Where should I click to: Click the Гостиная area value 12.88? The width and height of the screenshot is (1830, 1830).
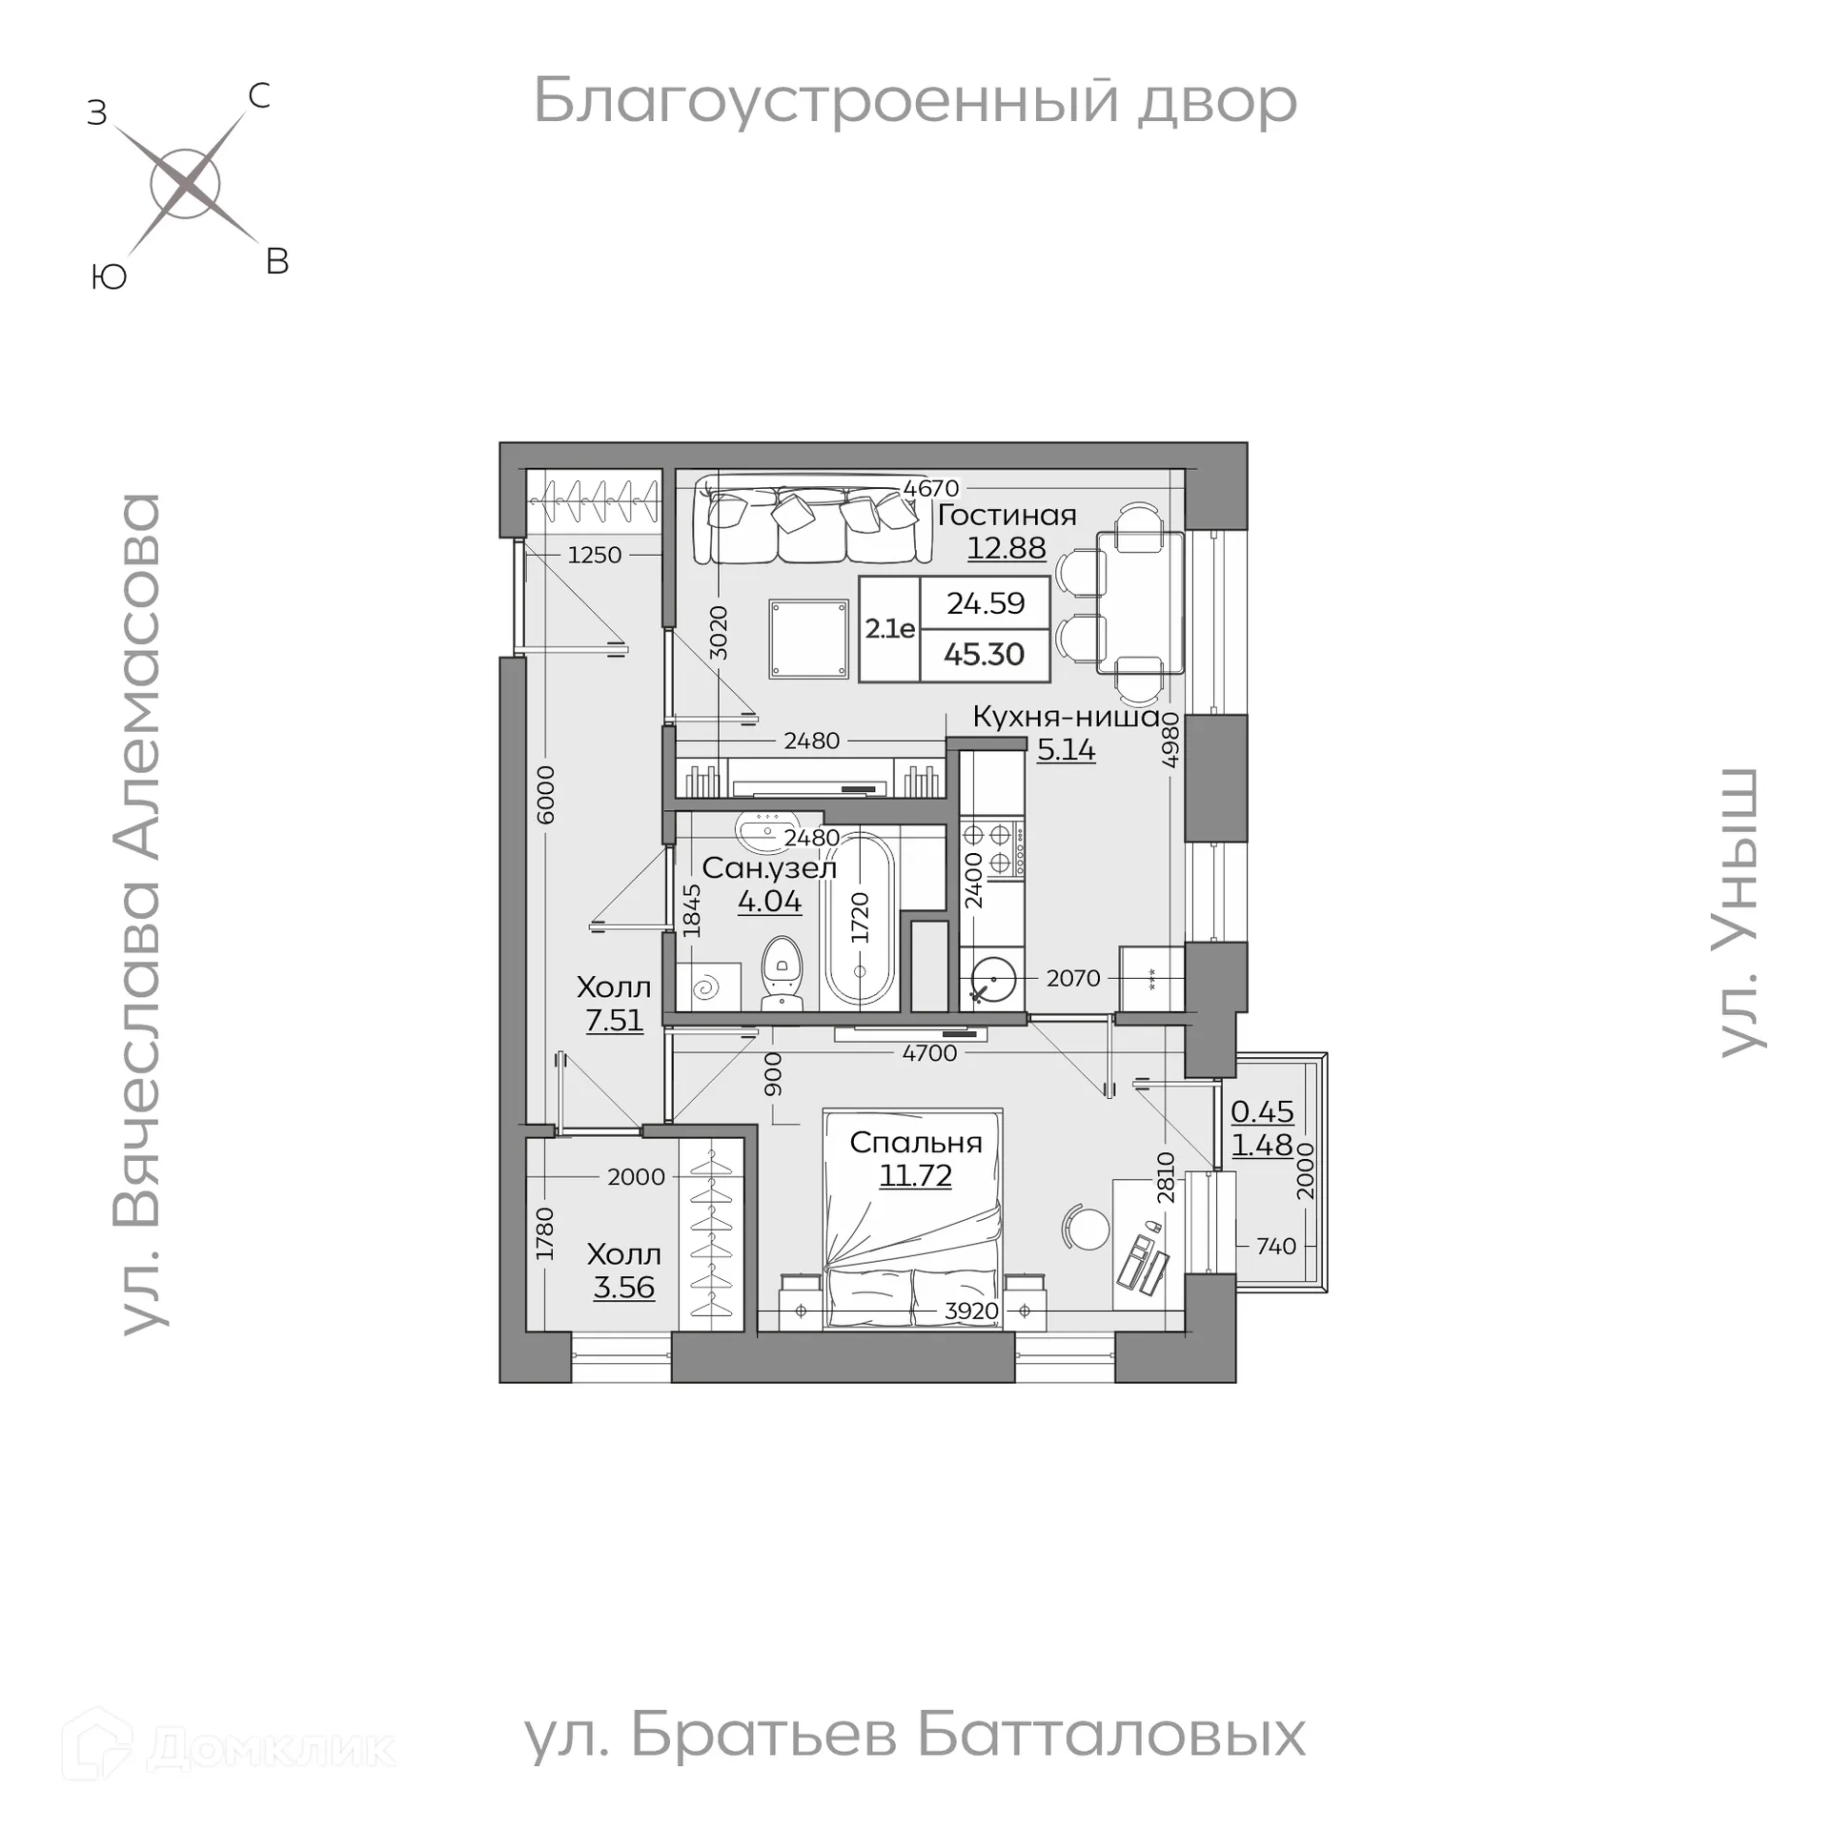point(1006,548)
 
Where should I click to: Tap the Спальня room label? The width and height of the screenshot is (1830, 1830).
point(915,1142)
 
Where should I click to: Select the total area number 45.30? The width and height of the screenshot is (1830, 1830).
point(984,655)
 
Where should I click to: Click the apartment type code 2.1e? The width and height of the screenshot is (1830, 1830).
point(889,629)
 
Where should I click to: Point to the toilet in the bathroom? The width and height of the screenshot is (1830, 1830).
point(783,971)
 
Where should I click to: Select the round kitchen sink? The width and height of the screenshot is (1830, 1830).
point(992,980)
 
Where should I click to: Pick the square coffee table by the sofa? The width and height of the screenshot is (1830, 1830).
point(808,639)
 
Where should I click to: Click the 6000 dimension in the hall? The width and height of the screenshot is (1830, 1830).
point(545,794)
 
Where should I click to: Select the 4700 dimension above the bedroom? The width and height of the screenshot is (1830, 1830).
point(928,1052)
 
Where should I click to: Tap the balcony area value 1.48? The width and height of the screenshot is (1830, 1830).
point(1262,1145)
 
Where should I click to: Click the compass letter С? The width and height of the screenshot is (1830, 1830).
point(258,96)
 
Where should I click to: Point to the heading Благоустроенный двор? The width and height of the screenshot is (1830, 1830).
point(914,101)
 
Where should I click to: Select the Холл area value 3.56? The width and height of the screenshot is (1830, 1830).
point(623,1288)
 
